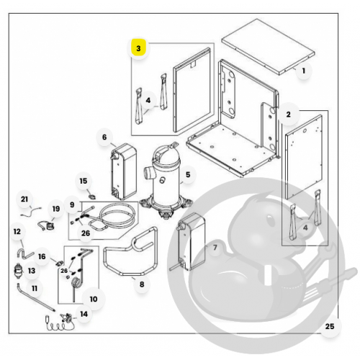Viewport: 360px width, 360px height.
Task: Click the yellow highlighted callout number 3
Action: coord(138,48)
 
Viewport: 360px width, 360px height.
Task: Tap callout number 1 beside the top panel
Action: coord(304,71)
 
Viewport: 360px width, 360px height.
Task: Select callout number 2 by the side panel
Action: coord(288,114)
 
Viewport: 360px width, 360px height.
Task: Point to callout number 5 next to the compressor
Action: coord(188,175)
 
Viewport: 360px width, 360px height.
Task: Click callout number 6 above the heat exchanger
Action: coord(104,138)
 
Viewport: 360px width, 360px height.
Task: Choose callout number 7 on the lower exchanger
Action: coord(215,248)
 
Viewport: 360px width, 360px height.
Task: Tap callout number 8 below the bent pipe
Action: coord(142,284)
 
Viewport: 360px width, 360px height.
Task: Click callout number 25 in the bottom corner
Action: coord(330,326)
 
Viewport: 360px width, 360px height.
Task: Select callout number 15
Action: coord(84,181)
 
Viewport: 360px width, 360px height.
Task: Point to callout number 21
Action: coord(24,199)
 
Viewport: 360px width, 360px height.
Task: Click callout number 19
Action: coord(56,209)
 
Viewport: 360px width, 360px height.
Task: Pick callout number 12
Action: coord(17,232)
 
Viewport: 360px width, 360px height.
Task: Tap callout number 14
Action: coord(84,314)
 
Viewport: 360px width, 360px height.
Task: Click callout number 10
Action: coord(94,299)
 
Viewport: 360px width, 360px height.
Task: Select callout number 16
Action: coord(42,256)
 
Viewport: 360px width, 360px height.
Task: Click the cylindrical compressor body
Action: coord(166,182)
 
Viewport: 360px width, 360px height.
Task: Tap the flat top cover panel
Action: coord(268,47)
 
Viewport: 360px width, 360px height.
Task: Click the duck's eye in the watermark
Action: coord(271,219)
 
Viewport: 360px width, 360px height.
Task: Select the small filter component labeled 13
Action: coord(18,271)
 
